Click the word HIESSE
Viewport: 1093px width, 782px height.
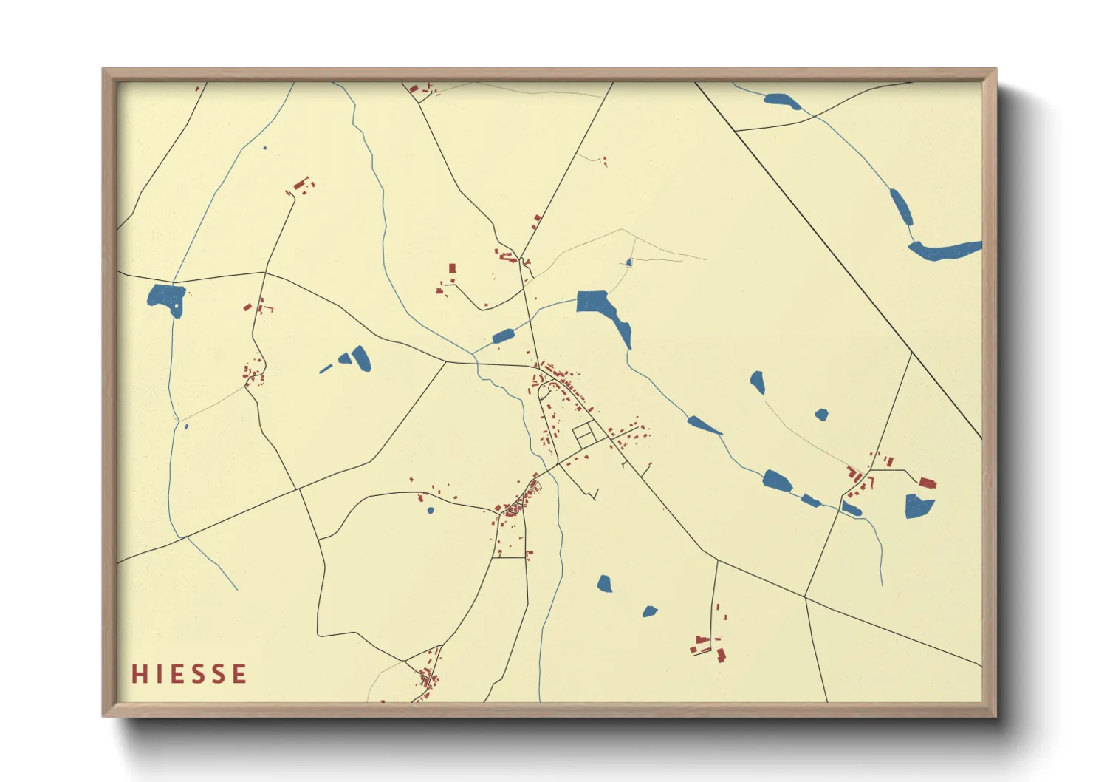(x=189, y=674)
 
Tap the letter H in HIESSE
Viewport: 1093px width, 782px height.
(x=138, y=674)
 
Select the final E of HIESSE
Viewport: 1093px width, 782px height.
(x=239, y=674)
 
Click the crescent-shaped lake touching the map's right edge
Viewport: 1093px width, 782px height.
(x=945, y=251)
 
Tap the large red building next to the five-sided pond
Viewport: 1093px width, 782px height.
(x=928, y=483)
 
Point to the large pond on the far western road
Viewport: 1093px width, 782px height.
(x=166, y=298)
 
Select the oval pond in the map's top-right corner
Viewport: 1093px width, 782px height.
(x=782, y=101)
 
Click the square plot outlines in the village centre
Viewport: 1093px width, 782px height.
(x=584, y=433)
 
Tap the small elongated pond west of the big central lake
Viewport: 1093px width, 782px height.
(x=503, y=336)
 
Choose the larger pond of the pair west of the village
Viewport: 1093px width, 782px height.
(x=360, y=358)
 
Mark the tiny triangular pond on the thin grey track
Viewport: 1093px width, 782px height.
(x=628, y=262)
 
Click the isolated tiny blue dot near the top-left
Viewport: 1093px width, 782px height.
(x=264, y=148)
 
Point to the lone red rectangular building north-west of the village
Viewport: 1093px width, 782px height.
(x=453, y=268)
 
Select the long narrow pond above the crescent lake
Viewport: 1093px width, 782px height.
(x=901, y=207)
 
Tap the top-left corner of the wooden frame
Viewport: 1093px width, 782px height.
(x=104, y=70)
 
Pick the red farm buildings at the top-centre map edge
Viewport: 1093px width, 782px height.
(x=418, y=90)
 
